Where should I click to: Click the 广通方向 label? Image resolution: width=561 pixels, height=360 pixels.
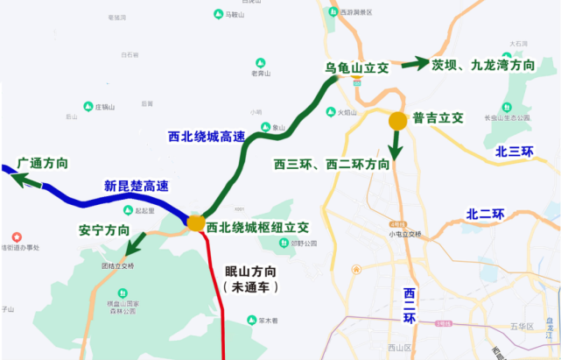[x=43, y=164]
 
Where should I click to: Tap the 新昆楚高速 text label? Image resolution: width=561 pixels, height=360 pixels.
[x=135, y=186]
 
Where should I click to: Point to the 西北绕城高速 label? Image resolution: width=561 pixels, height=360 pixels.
[x=207, y=137]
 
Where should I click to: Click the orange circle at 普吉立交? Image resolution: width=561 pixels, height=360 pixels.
[x=397, y=121]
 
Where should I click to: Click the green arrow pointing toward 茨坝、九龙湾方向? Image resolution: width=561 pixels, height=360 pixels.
[x=410, y=64]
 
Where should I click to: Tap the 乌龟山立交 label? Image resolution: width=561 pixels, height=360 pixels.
[x=356, y=67]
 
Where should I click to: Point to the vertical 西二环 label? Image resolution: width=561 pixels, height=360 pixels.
[x=410, y=305]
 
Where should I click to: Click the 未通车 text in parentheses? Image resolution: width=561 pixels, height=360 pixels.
[x=250, y=286]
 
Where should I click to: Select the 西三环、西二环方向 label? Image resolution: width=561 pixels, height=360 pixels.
[x=332, y=164]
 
